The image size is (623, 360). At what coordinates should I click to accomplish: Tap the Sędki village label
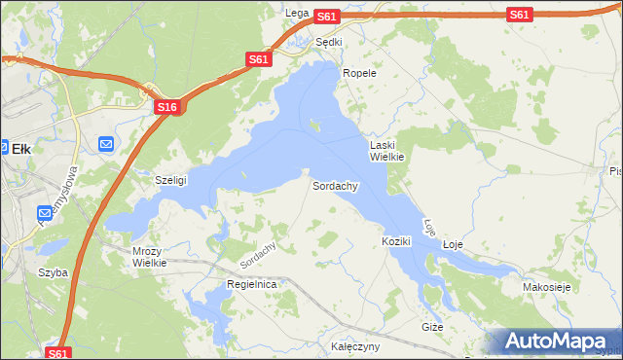pos(329,42)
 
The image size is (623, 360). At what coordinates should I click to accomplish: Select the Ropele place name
pos(359,73)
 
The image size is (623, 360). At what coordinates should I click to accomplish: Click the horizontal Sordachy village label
pos(336,185)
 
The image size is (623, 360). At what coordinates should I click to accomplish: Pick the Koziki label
pos(396,240)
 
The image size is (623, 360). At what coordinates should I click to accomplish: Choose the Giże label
pos(432,327)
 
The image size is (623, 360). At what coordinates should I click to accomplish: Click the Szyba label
pos(53,272)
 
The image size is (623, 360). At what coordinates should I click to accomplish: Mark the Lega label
pos(297,13)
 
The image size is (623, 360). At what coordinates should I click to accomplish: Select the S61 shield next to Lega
pos(326,16)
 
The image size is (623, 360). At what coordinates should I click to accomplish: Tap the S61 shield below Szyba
pos(58,353)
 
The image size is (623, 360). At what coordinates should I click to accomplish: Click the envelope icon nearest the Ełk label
pos(106,144)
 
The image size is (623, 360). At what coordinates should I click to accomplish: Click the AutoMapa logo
pos(559,341)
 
